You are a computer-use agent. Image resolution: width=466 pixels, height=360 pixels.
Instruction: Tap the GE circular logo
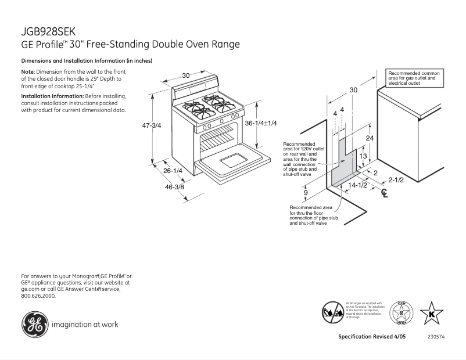(x=35, y=324)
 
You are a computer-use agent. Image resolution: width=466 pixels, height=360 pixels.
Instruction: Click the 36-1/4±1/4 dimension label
(x=261, y=123)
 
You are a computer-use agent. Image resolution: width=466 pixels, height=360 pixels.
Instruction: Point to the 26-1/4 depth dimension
(x=173, y=171)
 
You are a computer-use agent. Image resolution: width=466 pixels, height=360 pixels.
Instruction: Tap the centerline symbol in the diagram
(x=383, y=193)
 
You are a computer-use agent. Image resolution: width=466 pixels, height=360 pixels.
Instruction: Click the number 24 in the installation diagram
(x=369, y=138)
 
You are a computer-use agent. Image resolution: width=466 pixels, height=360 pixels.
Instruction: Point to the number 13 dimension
(x=362, y=156)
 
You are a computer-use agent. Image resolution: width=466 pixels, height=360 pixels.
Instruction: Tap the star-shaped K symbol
(x=431, y=314)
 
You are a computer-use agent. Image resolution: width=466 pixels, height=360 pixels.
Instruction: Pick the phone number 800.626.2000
(x=38, y=296)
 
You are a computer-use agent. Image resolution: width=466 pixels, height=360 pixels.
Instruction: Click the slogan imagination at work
(x=85, y=325)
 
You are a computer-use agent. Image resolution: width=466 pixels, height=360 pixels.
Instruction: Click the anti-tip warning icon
(x=332, y=312)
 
